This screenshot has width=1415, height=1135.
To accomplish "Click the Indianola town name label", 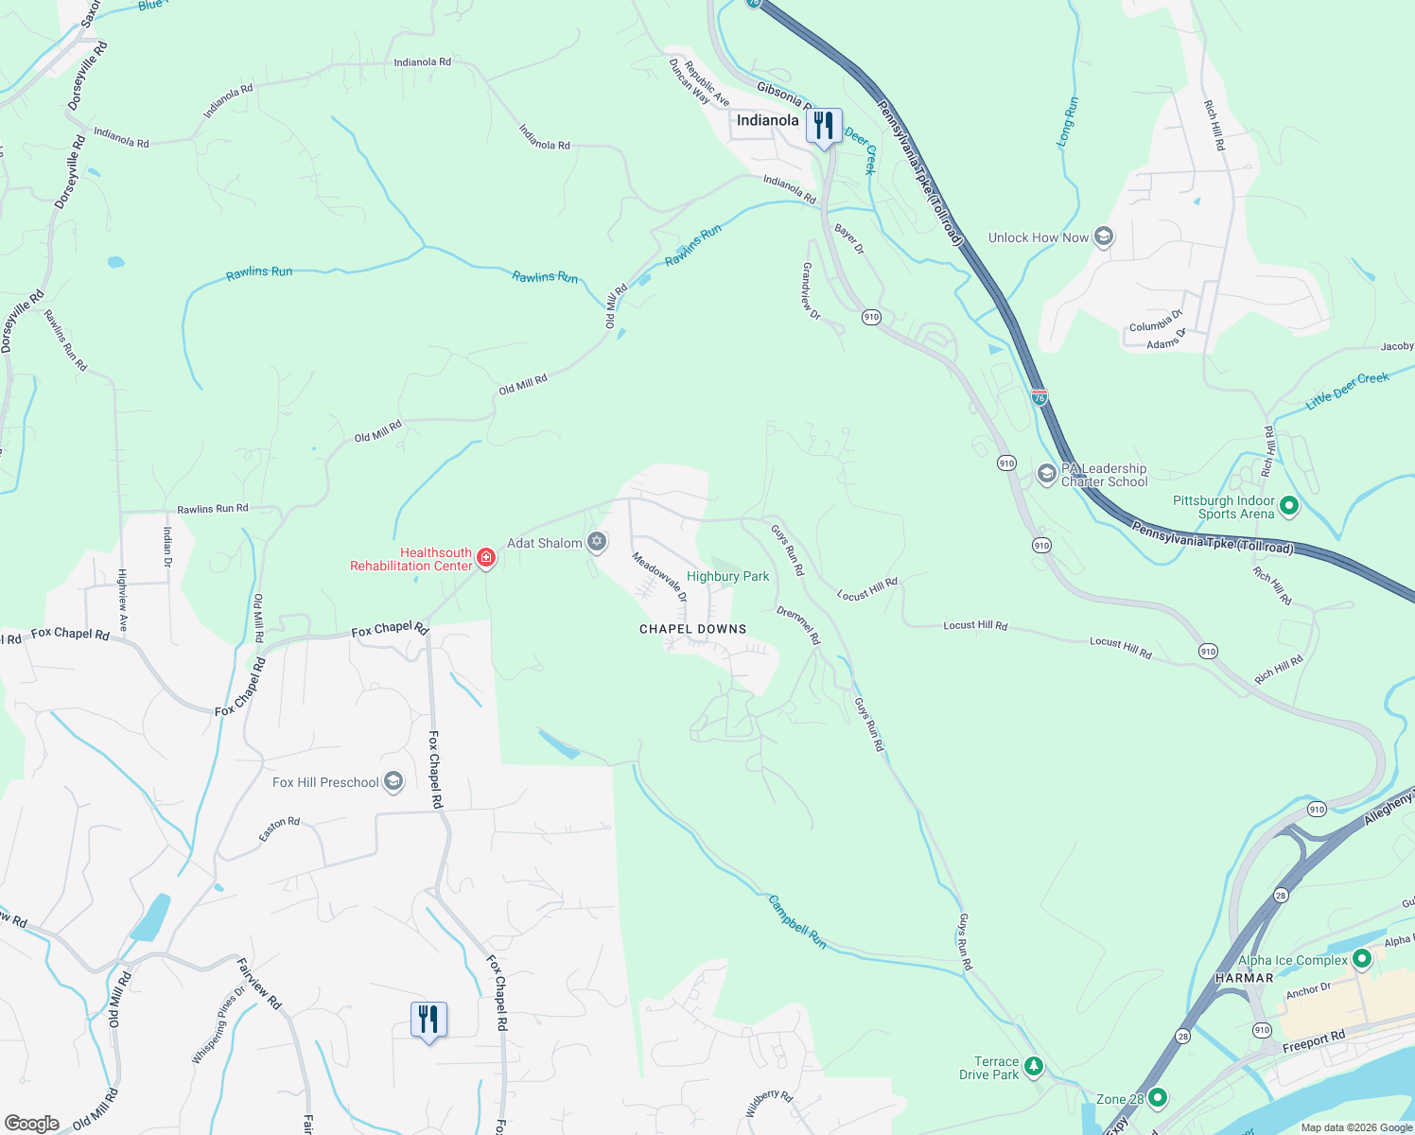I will click(767, 120).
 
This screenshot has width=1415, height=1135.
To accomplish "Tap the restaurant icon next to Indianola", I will click(824, 125).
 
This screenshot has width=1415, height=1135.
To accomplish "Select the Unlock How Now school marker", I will click(1103, 236).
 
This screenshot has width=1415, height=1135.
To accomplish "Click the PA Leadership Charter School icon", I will click(1046, 474).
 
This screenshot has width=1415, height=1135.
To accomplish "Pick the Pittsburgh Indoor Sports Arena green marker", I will click(1288, 507).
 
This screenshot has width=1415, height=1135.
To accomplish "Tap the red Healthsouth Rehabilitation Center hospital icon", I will click(486, 558).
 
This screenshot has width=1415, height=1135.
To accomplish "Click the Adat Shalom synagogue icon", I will click(597, 542).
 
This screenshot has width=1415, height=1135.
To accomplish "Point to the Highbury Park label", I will click(727, 576).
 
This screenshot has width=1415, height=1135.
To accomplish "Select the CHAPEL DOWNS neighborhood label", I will click(693, 629).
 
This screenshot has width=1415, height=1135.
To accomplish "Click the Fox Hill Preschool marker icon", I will click(393, 781).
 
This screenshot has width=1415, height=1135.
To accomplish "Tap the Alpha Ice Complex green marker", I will click(1361, 959).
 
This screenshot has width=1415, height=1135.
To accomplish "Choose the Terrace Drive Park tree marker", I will click(1034, 1067).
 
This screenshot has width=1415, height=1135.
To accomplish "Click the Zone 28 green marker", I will click(1157, 1098).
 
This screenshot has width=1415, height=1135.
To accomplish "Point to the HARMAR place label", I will click(1244, 978).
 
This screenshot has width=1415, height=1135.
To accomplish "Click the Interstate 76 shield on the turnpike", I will click(1039, 398).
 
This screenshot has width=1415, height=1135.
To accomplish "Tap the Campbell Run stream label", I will click(796, 921).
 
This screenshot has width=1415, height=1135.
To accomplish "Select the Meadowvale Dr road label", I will click(659, 577).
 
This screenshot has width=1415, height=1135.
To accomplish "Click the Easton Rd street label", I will click(279, 829).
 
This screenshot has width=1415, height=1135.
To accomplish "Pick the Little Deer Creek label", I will click(1347, 390).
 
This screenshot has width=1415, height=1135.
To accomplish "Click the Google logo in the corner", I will click(32, 1123).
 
